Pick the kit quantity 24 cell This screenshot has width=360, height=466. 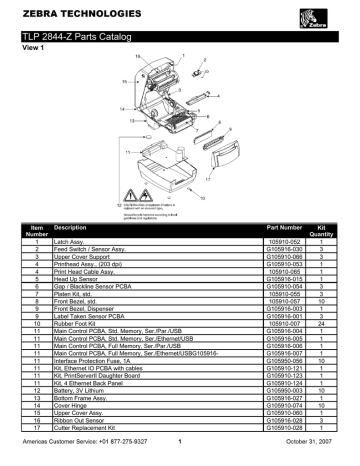[323, 323]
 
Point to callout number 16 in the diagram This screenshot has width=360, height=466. [138, 57]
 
